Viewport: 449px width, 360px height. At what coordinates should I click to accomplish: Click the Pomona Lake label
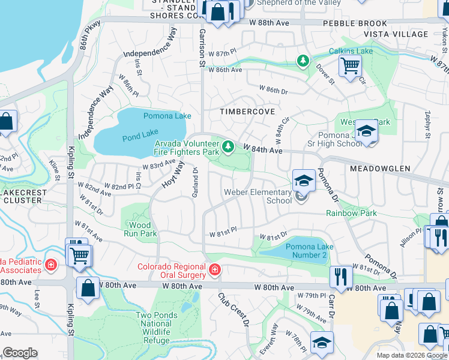point(167,116)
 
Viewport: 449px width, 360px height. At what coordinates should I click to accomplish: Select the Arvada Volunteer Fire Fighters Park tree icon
point(228,146)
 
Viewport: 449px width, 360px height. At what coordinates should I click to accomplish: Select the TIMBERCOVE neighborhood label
point(247,112)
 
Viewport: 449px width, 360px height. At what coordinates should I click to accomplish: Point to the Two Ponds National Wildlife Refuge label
point(157,323)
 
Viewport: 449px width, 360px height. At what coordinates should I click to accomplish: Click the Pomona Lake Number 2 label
point(306,251)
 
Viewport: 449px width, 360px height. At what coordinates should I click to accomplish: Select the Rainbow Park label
point(351,213)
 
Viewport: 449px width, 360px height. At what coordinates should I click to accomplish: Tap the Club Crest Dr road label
point(234,309)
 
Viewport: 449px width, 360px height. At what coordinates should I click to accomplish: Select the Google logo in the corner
point(20,353)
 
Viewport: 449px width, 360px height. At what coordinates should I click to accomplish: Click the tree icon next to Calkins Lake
point(304,61)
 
